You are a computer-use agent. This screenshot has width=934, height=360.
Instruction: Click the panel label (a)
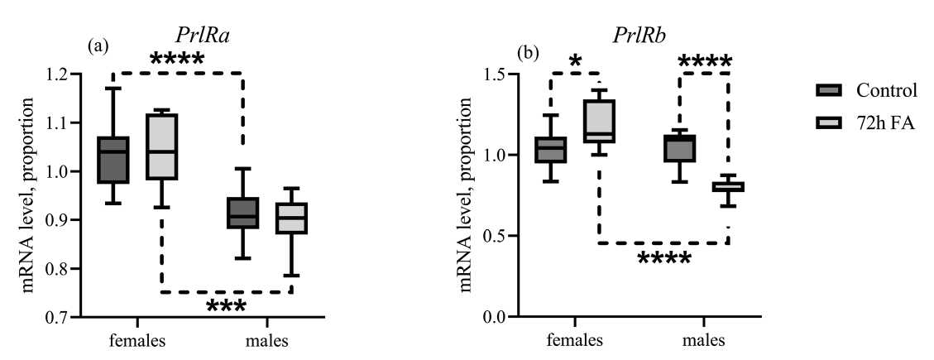(98, 47)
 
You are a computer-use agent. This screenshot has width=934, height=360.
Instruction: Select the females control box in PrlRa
(113, 159)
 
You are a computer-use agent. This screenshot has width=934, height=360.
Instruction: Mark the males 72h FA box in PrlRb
(706, 187)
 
